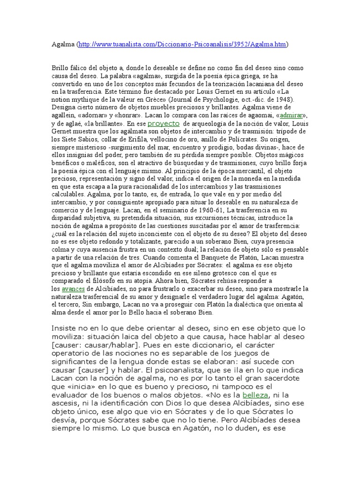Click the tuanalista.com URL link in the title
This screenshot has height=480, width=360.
click(x=183, y=45)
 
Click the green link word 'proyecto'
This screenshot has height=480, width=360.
click(x=164, y=123)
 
